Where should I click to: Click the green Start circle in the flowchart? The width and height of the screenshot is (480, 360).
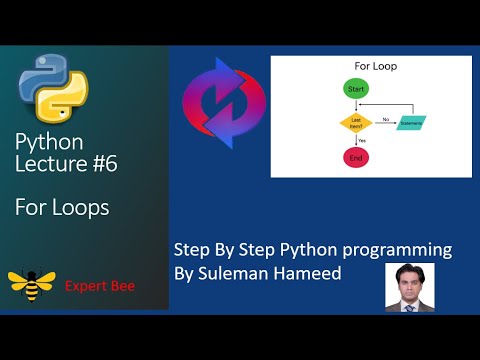point(355,90)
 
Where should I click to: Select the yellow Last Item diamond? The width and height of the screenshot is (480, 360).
point(355,122)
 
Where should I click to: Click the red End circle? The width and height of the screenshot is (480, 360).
point(355,157)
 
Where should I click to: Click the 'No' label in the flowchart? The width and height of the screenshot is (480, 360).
point(384,118)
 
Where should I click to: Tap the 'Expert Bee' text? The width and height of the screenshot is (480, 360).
point(100,286)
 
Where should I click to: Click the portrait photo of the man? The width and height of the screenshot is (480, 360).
point(409,288)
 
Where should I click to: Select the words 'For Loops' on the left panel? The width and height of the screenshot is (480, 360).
point(62,207)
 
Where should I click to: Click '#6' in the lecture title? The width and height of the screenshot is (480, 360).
point(101,164)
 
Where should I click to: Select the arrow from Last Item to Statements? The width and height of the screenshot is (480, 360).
point(385,123)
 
